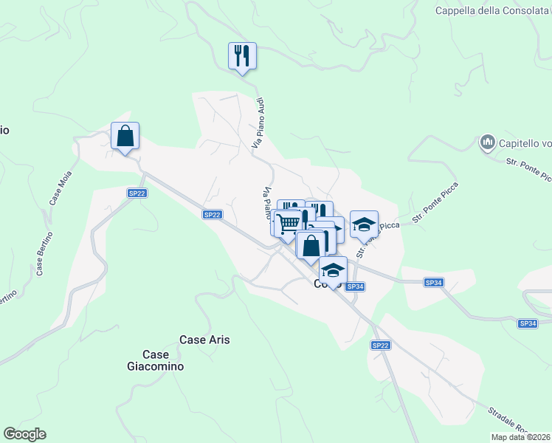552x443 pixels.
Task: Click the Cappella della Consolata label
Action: click(492, 10)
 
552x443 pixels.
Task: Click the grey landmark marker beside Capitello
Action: click(487, 141)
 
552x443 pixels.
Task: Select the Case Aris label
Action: click(204, 340)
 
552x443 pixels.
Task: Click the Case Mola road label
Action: click(59, 191)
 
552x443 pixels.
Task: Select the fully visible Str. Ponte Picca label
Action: click(435, 202)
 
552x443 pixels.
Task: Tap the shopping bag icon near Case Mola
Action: click(125, 136)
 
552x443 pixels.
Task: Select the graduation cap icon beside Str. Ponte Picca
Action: click(364, 224)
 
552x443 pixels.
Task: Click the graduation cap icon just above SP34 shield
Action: click(333, 270)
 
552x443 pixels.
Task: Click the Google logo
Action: click(24, 434)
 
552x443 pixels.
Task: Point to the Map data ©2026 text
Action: click(521, 437)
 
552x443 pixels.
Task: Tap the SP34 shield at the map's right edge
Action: click(528, 323)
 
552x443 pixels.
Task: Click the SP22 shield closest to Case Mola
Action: click(137, 193)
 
